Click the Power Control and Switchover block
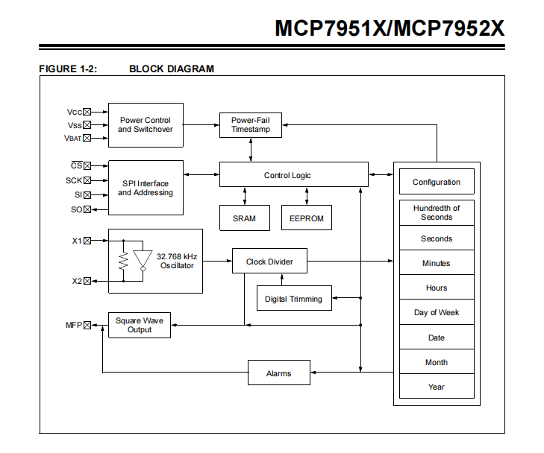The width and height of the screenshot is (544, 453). point(146,124)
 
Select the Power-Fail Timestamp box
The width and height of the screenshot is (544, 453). point(250,124)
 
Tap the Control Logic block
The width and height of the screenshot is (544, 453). point(293,175)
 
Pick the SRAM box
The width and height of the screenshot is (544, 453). point(244,218)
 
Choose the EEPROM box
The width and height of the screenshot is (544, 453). point(306,218)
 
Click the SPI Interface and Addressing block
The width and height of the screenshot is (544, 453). point(146,188)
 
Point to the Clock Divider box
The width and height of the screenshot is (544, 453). point(269,262)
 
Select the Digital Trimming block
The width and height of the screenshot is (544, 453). point(293,299)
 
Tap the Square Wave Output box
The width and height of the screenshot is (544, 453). point(139,325)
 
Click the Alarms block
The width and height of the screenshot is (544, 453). point(278,373)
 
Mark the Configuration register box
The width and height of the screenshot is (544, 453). point(437,182)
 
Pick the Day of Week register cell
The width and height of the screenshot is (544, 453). point(437,312)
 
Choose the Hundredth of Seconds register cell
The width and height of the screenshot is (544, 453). point(437,212)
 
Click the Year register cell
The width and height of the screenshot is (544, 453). point(437,387)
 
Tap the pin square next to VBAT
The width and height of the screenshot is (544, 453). point(87,138)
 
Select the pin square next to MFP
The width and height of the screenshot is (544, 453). point(87,325)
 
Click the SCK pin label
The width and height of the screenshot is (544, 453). point(73,180)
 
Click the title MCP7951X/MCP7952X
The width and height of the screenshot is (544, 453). point(390,28)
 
